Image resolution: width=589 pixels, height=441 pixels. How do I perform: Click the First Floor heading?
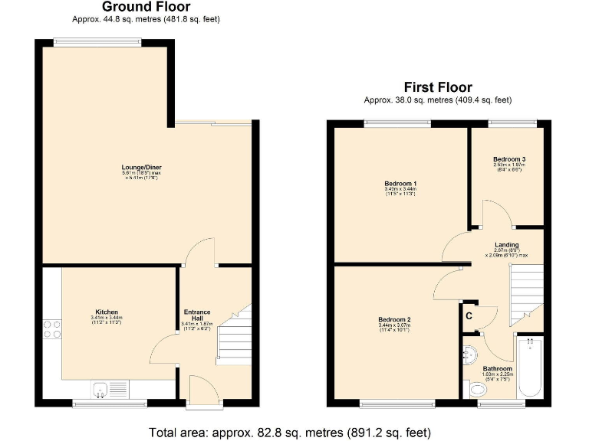pos(438,87)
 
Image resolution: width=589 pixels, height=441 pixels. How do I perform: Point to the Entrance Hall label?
pos(197,315)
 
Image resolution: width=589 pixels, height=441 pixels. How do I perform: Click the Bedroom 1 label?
pos(400,184)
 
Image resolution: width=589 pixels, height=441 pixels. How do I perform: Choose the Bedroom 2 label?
pos(395,319)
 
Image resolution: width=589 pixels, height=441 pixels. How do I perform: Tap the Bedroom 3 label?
pos(508,159)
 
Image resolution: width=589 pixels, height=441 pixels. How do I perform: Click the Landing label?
pos(506,245)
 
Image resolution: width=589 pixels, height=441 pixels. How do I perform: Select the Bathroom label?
pos(498,368)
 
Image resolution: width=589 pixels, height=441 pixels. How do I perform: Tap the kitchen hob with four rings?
pos(51,328)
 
